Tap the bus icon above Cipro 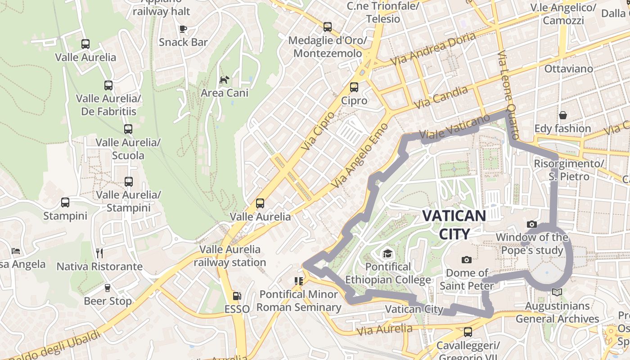(x=354, y=87)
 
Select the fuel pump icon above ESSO (x=237, y=296)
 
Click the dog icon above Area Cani (x=224, y=80)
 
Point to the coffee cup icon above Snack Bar (x=183, y=29)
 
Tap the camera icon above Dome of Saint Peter (x=467, y=260)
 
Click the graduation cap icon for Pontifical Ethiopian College (x=387, y=254)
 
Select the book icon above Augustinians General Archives (x=557, y=292)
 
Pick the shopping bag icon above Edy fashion (x=562, y=115)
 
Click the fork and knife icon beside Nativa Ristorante (x=99, y=253)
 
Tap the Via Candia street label (x=441, y=97)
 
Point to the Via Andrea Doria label (x=433, y=49)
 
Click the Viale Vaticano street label (x=454, y=127)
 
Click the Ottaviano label (x=569, y=69)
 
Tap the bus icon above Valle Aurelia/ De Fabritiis (x=108, y=85)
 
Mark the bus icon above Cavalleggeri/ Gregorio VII (x=468, y=332)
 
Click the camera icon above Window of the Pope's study (x=531, y=224)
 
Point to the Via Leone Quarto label (x=509, y=94)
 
